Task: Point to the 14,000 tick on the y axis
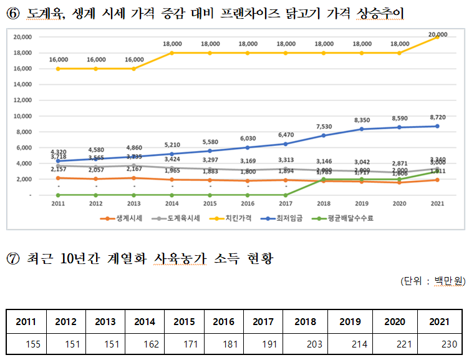click(22, 84)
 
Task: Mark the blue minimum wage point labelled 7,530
click(324, 135)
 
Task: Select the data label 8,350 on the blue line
click(362, 120)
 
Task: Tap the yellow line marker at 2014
click(172, 53)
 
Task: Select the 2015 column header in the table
click(185, 322)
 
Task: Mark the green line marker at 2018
click(324, 179)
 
